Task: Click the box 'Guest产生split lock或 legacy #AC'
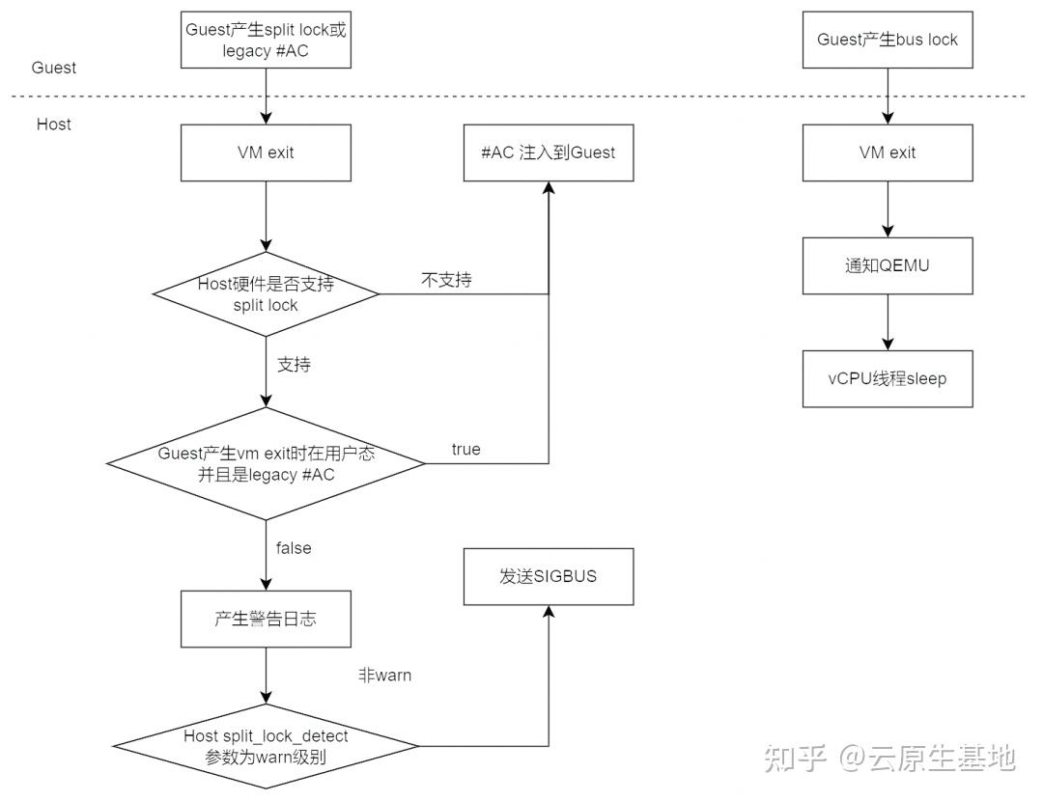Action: [x=265, y=40]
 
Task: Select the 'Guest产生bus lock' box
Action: [x=887, y=40]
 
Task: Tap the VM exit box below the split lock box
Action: [x=265, y=152]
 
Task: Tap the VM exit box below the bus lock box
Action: [x=887, y=152]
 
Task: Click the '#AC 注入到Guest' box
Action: [x=549, y=152]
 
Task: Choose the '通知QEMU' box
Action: [x=887, y=265]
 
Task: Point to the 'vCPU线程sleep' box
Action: [x=887, y=378]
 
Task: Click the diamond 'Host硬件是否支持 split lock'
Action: [x=266, y=294]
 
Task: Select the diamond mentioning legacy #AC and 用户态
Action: [x=266, y=465]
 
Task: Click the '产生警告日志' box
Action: [x=265, y=619]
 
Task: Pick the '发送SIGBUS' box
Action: [x=549, y=577]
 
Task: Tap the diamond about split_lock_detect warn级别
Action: [x=266, y=746]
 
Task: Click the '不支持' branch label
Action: [x=446, y=280]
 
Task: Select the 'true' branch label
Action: [x=465, y=450]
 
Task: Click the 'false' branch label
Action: [x=294, y=548]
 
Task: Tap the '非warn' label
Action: [x=384, y=676]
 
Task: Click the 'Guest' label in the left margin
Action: [x=54, y=68]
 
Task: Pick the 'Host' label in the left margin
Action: [x=54, y=124]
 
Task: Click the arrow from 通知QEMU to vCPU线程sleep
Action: [x=887, y=321]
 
